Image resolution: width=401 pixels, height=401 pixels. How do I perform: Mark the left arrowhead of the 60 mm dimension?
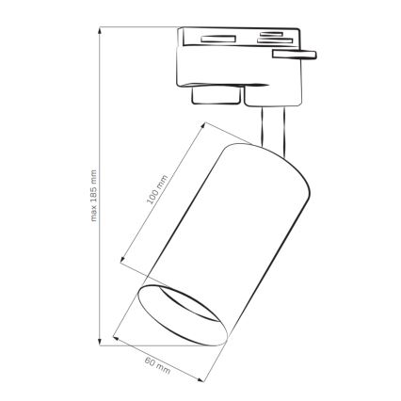pyautogui.click(x=113, y=334)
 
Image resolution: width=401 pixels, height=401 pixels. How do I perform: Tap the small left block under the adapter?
pyautogui.click(x=213, y=96)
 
